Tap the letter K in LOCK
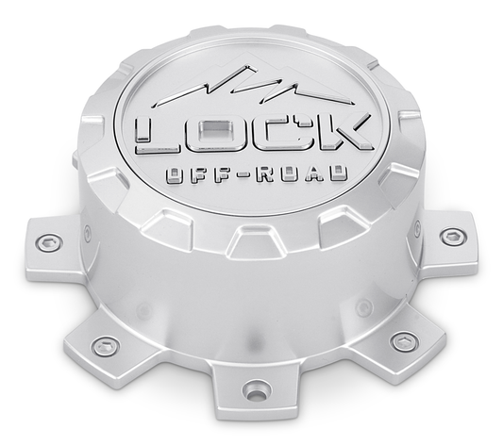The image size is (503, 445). coord(341,135)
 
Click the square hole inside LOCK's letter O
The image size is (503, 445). coord(225,131)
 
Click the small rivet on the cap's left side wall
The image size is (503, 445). coord(88,227)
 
